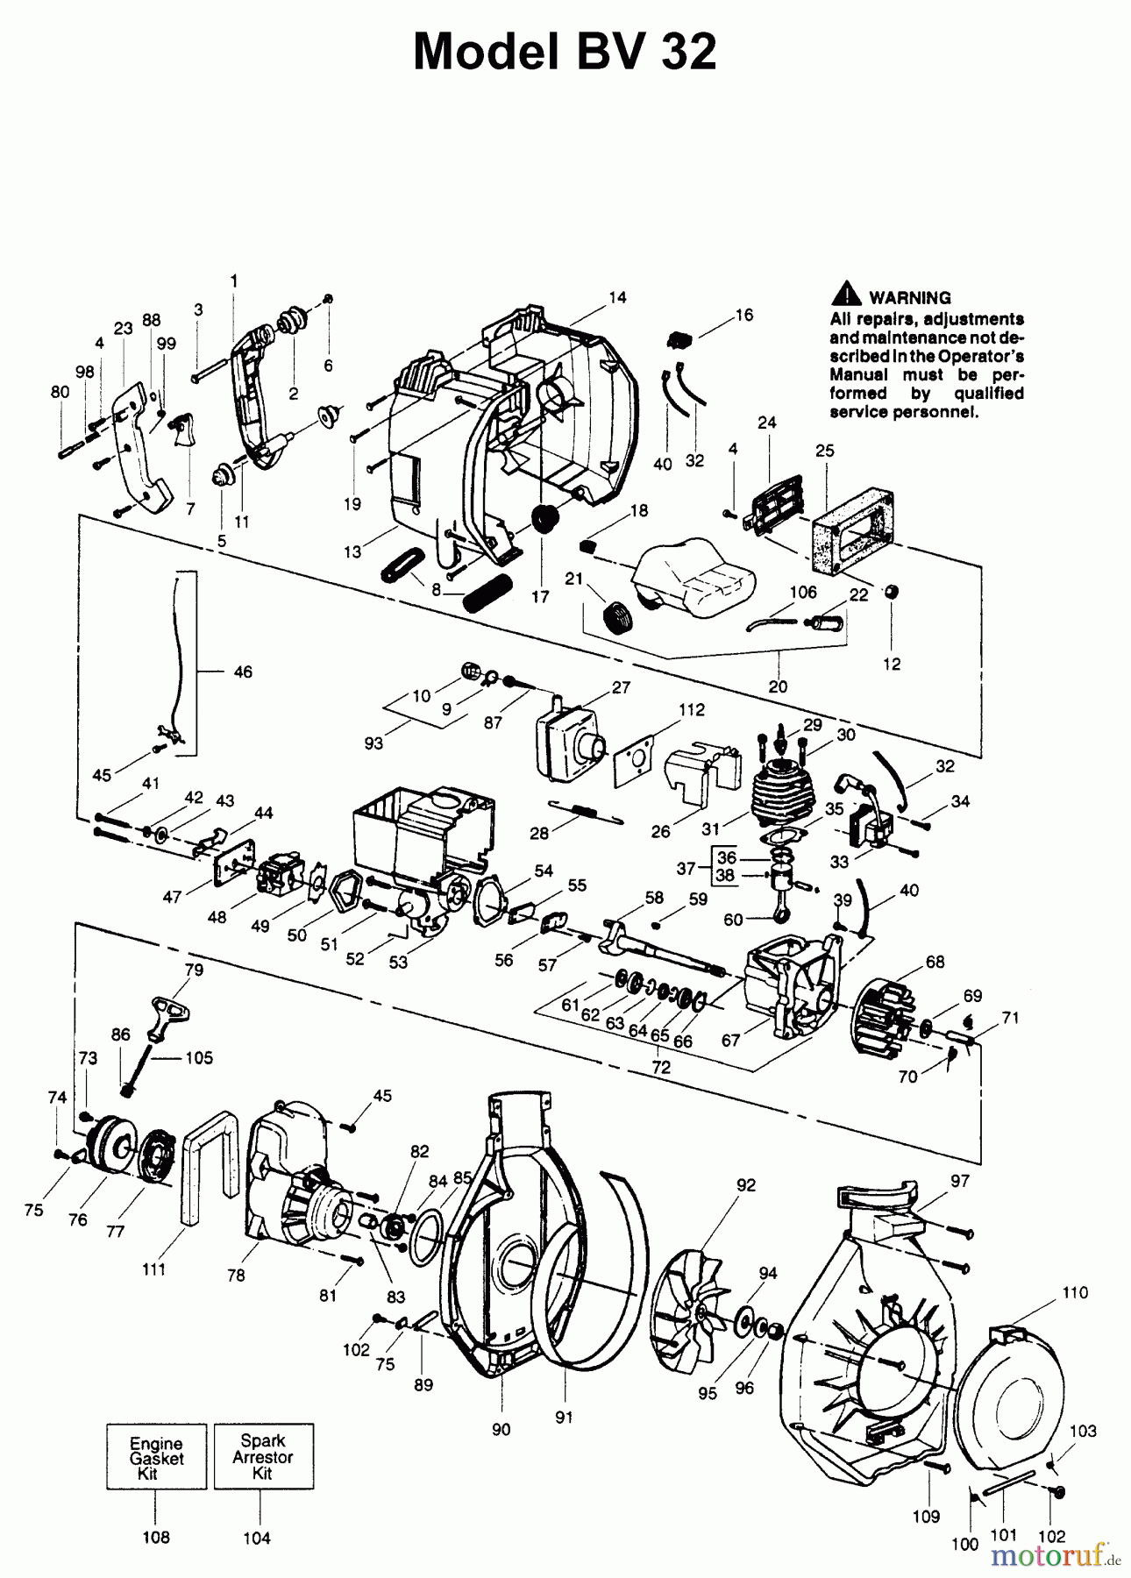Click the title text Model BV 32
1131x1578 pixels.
[565, 53]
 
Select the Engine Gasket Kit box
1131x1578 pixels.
[156, 1456]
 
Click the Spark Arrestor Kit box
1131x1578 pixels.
[263, 1456]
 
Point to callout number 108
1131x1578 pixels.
[156, 1537]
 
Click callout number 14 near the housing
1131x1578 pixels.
[617, 298]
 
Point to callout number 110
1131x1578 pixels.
[1074, 1292]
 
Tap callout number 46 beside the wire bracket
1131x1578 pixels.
[243, 672]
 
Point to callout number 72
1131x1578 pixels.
[661, 1067]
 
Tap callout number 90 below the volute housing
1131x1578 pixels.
[500, 1429]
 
